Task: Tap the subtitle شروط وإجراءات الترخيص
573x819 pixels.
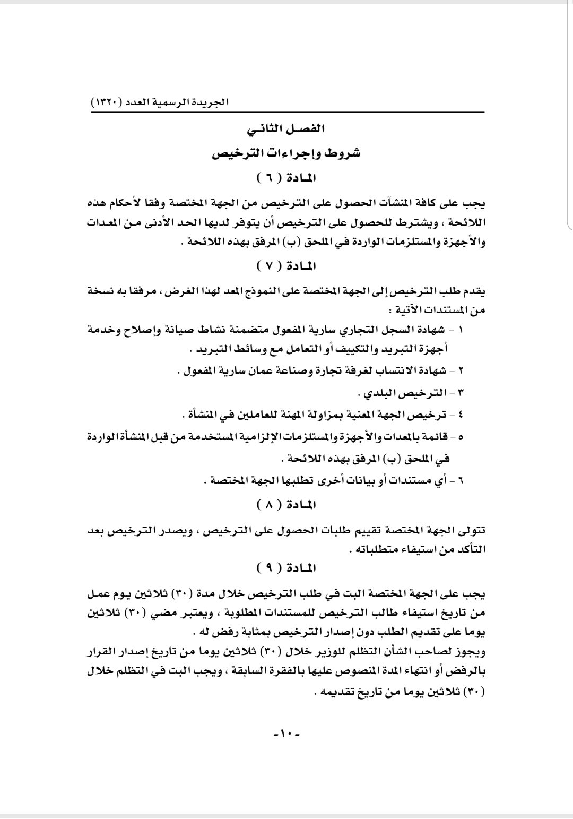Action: tap(286, 153)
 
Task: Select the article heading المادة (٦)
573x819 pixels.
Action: tap(286, 177)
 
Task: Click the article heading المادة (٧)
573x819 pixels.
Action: tap(286, 265)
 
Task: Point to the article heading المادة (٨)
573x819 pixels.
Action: tap(286, 504)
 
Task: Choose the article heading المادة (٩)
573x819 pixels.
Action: tap(286, 568)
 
